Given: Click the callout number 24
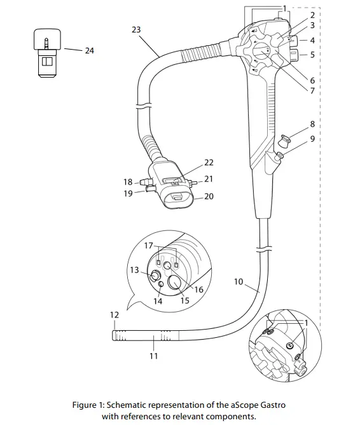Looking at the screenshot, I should (89, 50).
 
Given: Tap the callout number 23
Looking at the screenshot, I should (135, 29).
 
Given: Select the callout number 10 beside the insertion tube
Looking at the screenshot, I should (239, 281).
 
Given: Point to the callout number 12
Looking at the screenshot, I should (114, 315).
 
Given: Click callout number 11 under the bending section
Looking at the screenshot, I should (153, 356).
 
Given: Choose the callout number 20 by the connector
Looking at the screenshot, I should (209, 197).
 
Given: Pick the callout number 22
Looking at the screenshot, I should (209, 163).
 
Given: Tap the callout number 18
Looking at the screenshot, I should (128, 182).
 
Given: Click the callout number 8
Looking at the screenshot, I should (312, 123).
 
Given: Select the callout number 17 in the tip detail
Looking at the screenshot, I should (148, 246).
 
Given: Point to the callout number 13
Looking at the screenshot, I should (134, 270).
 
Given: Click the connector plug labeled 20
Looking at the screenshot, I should (177, 200).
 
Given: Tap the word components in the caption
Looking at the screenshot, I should (234, 417).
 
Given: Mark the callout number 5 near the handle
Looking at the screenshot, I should (312, 55).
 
